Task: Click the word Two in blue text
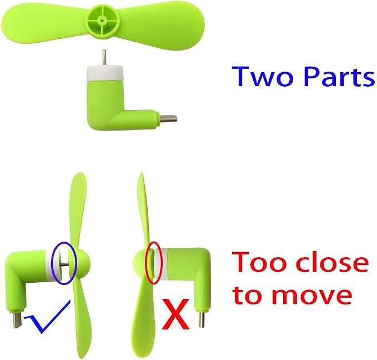point(263,76)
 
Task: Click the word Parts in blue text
point(339,76)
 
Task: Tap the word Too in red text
point(259,262)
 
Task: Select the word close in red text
point(332,261)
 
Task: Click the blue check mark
point(47,317)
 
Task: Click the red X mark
point(175,314)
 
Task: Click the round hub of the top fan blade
point(102,21)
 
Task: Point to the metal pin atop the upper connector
point(104,57)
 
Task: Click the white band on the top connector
point(104,73)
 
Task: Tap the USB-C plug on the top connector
point(169,119)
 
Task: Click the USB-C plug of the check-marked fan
point(17,319)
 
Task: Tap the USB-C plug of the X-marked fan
point(202,319)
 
